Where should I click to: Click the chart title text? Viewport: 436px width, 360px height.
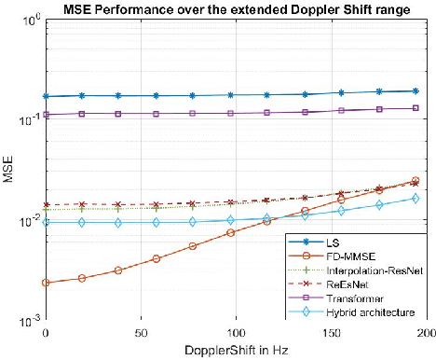[x=236, y=9]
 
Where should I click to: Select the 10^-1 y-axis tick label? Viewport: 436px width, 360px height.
[x=29, y=119]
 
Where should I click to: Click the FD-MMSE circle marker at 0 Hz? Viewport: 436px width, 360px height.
[x=46, y=283]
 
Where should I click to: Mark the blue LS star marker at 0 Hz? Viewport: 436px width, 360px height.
[x=46, y=96]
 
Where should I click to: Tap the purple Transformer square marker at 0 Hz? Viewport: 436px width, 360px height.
[x=46, y=115]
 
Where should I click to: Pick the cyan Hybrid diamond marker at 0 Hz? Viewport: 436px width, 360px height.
[x=46, y=222]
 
